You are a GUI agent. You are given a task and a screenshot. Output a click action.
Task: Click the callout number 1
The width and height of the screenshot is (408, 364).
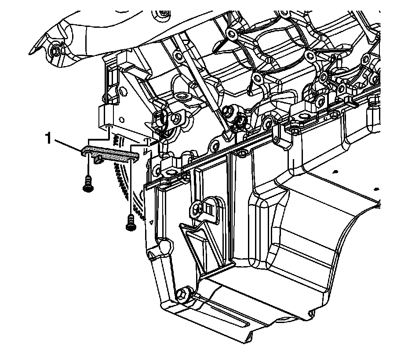point(48,138)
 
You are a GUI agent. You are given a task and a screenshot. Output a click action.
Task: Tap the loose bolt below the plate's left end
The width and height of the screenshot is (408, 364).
point(87,184)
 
